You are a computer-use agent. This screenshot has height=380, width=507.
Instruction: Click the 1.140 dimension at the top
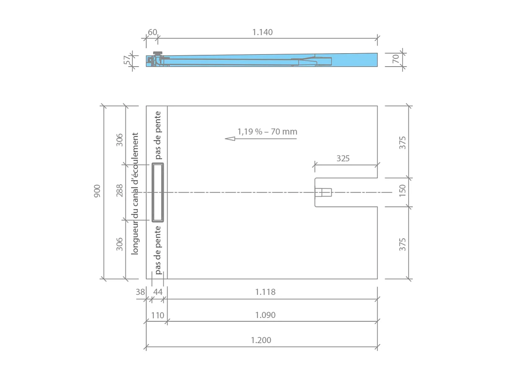(263, 32)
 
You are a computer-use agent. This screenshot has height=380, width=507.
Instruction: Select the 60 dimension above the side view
(153, 32)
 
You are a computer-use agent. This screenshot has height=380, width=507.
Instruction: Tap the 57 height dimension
(127, 60)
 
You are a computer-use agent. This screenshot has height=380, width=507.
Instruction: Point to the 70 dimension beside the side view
(396, 59)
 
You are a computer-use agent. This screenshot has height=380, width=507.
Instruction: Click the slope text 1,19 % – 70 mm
(267, 132)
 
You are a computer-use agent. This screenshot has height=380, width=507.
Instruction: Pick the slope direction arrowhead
(230, 138)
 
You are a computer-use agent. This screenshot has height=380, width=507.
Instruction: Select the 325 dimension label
(343, 158)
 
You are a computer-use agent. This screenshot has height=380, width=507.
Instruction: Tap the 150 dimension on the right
(402, 191)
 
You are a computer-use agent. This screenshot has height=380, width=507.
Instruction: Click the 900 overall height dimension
(97, 191)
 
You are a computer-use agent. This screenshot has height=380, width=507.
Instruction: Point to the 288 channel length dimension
(119, 191)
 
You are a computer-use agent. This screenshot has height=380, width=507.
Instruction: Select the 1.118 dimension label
(265, 292)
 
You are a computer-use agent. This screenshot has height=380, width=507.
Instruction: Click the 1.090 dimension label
(265, 315)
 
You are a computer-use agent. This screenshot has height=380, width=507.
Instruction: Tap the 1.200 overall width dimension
(261, 340)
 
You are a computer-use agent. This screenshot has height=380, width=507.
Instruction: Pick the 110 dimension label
(158, 315)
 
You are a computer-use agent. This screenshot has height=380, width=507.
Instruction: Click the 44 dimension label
(158, 292)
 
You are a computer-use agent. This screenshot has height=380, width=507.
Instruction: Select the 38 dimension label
(140, 292)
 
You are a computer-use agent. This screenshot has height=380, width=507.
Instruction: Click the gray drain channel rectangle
(158, 192)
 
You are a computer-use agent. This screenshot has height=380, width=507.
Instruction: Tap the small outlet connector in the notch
(323, 192)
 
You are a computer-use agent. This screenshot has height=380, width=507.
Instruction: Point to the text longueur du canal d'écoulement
(135, 194)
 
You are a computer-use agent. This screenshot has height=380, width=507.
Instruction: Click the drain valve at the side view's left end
(158, 59)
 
